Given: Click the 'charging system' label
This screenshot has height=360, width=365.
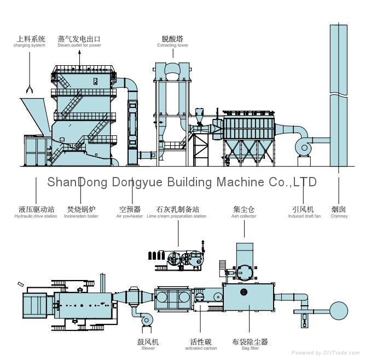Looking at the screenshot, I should click(x=30, y=42).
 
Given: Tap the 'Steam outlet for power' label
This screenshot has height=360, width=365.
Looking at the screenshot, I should click(x=79, y=42).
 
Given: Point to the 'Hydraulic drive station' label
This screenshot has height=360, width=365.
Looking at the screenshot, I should click(x=36, y=213).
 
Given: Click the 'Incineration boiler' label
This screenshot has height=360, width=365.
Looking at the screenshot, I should click(x=81, y=213).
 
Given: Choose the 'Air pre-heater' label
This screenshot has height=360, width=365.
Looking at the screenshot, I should click(x=130, y=213).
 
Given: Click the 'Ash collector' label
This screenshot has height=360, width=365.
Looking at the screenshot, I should click(x=244, y=213).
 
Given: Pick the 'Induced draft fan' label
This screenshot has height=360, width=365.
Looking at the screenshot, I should click(x=304, y=213).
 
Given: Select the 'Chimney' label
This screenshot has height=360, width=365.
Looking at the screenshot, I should click(x=339, y=213).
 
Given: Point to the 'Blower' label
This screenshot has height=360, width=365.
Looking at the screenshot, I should click(x=148, y=345).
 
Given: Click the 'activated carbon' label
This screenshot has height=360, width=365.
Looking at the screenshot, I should click(x=201, y=345).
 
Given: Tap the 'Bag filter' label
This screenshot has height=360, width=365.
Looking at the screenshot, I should click(x=250, y=345).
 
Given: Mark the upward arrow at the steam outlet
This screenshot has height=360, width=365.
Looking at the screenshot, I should click(x=79, y=54).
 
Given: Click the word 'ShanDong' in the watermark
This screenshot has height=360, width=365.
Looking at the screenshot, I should click(x=70, y=182).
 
